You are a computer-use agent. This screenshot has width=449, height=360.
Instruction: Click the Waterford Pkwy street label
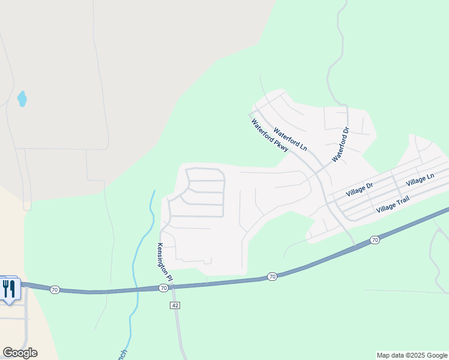270,136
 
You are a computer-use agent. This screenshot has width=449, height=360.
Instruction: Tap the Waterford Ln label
291,139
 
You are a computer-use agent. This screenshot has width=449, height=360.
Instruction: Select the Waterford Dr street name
340,145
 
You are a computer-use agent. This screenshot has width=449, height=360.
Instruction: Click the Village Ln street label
420,180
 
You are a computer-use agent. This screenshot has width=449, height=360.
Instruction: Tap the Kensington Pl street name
164,262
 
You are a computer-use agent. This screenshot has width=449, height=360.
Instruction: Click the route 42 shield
175,305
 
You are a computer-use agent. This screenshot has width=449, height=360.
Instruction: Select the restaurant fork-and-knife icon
9,289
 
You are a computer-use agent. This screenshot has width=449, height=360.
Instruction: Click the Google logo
20,353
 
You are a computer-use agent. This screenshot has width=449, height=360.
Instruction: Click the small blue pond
22,98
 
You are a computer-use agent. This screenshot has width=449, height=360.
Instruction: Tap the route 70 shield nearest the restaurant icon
55,290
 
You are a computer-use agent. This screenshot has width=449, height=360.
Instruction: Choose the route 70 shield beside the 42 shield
163,289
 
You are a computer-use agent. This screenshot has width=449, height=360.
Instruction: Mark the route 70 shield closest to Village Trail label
375,240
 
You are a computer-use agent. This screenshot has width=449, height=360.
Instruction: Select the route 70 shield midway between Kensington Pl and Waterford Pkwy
273,277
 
